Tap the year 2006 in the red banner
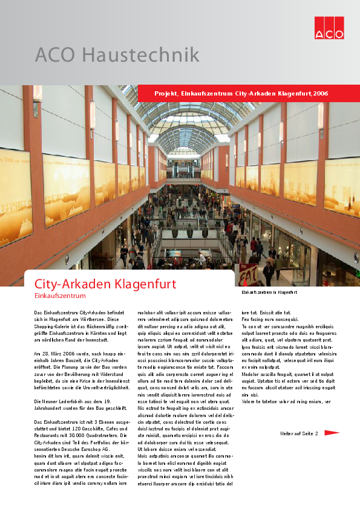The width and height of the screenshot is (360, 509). [321, 94]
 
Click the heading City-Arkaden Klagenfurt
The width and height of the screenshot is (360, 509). [105, 284]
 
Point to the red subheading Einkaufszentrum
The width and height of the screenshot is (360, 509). [61, 296]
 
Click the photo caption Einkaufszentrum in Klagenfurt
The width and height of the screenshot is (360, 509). [269, 292]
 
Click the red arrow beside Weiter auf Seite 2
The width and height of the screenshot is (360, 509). [332, 433]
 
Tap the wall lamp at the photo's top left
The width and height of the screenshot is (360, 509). [37, 94]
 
